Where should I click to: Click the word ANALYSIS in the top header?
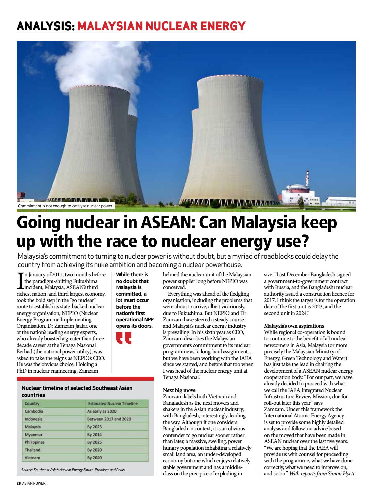tap(45, 26)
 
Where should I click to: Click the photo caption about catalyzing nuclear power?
tap(65, 206)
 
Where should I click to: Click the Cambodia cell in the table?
tap(34, 411)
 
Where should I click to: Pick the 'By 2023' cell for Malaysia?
tap(94, 427)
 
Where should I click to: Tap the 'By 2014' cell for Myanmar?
tap(94, 435)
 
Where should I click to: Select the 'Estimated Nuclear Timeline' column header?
tap(113, 403)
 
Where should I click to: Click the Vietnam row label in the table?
tap(32, 458)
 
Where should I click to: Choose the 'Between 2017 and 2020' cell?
tap(109, 419)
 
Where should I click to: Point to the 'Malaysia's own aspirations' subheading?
tap(294, 326)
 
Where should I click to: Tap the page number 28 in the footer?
tap(19, 483)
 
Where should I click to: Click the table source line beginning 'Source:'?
tap(73, 470)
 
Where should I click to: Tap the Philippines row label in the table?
tap(34, 442)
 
